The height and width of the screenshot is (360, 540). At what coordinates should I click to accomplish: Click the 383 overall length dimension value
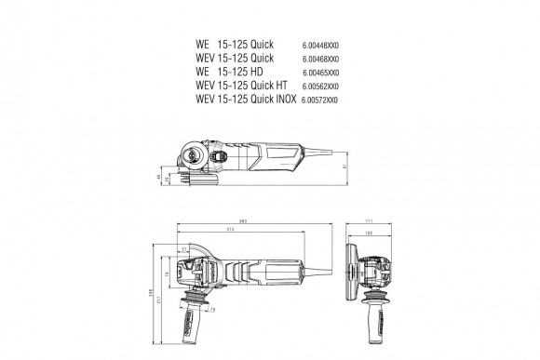[241, 220]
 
